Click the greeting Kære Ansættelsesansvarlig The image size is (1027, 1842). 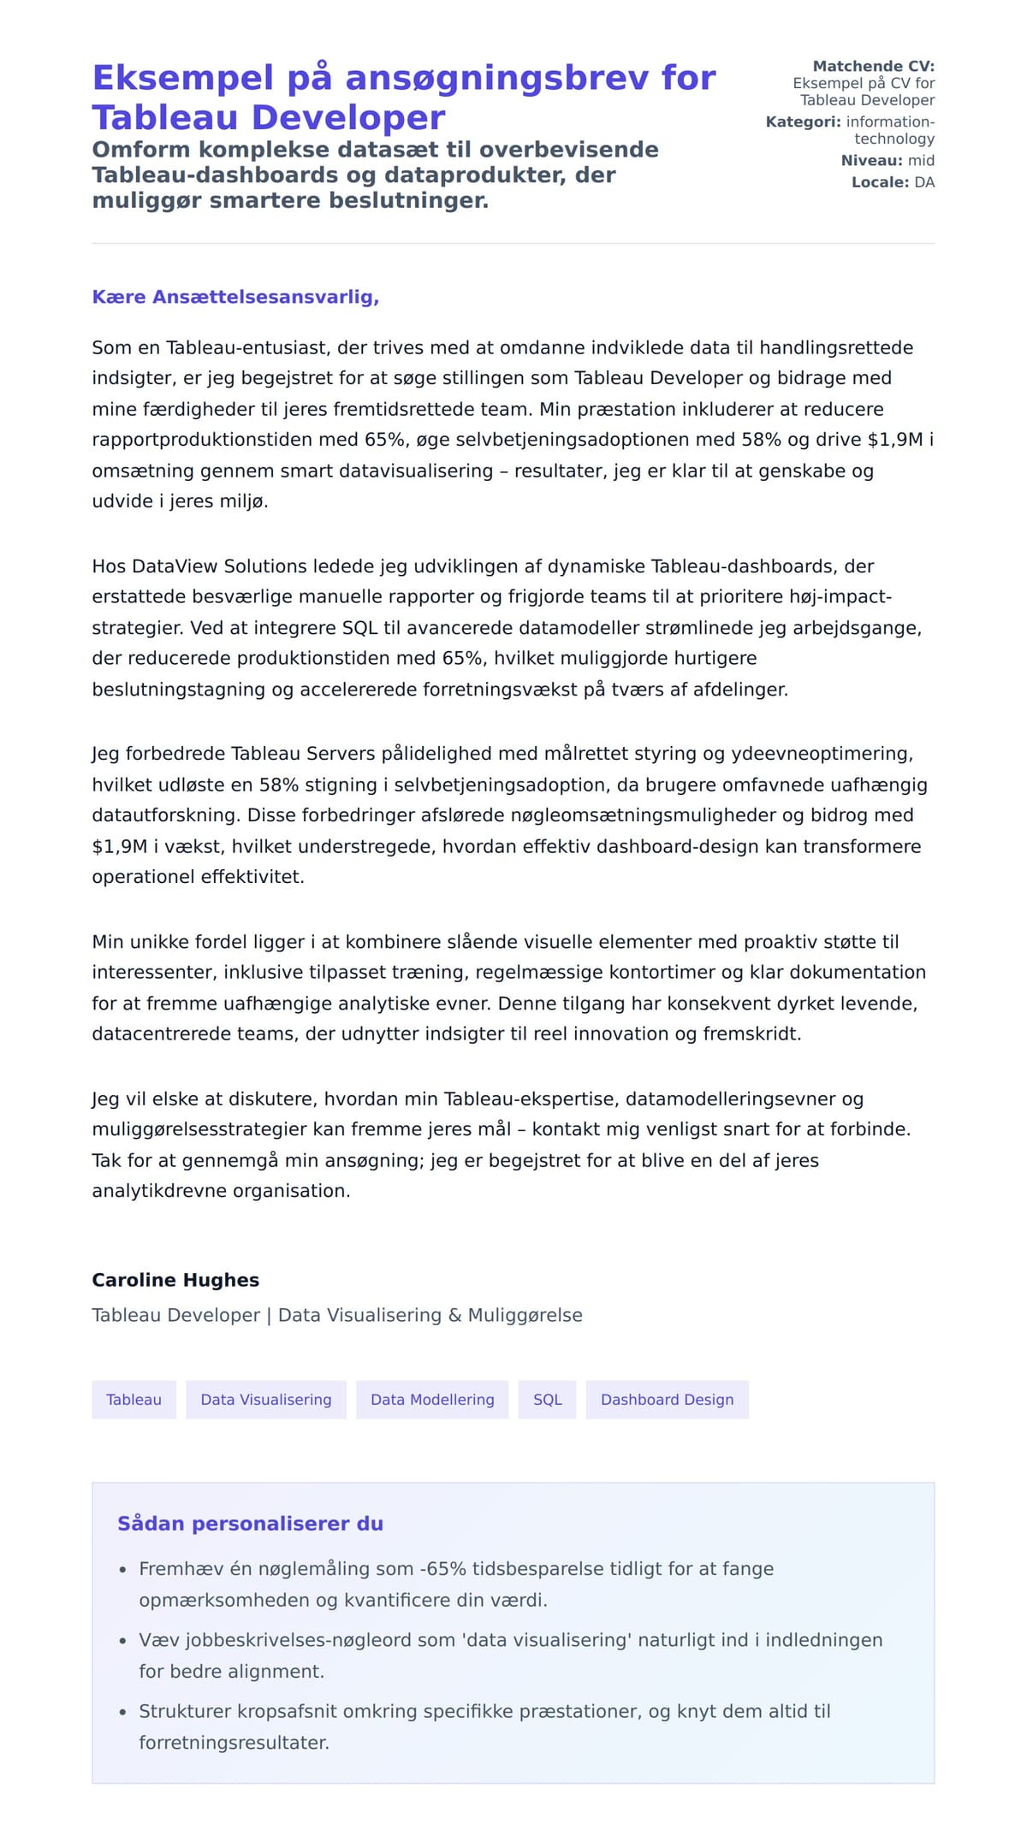235,297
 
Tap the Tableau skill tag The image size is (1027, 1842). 134,1399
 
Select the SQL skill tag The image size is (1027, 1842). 547,1399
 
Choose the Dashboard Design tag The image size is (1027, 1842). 667,1399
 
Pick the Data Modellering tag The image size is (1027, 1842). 432,1399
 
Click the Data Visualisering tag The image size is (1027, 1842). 265,1399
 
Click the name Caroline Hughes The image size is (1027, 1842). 175,1280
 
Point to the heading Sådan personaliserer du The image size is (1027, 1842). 250,1523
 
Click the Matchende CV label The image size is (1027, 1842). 873,66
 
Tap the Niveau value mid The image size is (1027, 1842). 921,160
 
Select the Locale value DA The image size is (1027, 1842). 924,182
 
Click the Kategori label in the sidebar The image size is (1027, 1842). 803,121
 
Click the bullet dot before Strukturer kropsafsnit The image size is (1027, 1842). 123,1713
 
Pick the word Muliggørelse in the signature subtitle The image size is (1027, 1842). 525,1315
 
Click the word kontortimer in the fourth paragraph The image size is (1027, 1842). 671,972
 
